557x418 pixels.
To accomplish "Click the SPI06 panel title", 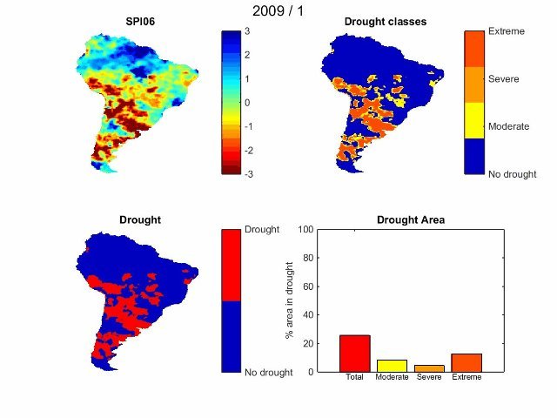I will tap(141, 22).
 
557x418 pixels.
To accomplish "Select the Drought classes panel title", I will tap(385, 22).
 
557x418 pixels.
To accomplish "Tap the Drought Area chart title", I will tap(410, 220).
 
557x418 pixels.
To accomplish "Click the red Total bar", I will tap(354, 354).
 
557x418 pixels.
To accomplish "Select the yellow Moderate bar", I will tap(392, 366).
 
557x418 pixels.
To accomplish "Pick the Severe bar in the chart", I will tap(429, 368).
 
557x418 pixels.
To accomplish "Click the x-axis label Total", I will tap(354, 378).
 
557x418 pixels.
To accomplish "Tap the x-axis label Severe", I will tap(429, 378).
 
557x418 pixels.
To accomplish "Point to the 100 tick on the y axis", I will tap(305, 230).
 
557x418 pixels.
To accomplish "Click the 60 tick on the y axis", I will tap(308, 287).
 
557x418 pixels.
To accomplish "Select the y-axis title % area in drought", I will tap(289, 300).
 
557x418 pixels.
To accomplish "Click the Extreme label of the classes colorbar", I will tap(506, 31).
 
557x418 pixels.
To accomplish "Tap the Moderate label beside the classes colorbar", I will tap(509, 126).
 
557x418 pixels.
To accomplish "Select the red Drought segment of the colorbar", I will tap(232, 266).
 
